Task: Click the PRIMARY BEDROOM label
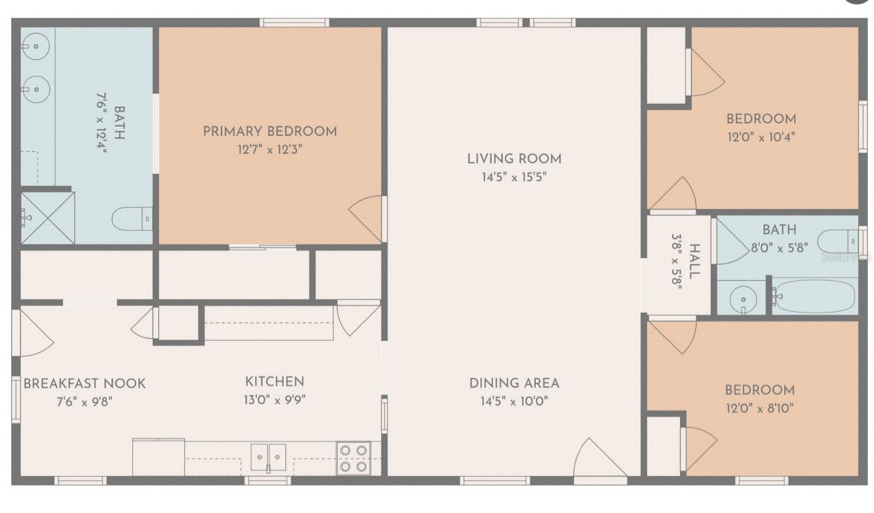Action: click(x=270, y=132)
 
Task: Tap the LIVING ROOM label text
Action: click(x=514, y=159)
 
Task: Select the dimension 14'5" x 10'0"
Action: click(x=514, y=401)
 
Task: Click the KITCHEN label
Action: click(x=275, y=382)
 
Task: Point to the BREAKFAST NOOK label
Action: click(x=85, y=384)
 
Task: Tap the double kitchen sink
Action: click(x=268, y=457)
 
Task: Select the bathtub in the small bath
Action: click(x=814, y=296)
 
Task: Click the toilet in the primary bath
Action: click(x=132, y=219)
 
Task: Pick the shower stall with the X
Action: click(x=47, y=218)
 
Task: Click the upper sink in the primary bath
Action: click(x=36, y=46)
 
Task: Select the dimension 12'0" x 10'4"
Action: click(x=761, y=137)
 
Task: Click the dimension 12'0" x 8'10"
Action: click(x=760, y=408)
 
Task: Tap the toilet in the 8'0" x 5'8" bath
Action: click(x=838, y=241)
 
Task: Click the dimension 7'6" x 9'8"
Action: click(x=84, y=401)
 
